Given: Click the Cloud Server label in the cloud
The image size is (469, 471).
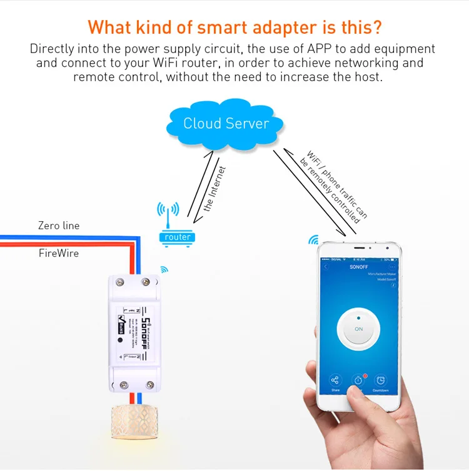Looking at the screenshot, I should pos(226,123).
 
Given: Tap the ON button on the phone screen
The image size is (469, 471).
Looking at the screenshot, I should pos(358,329).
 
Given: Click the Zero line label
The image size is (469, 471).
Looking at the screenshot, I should pos(59,226).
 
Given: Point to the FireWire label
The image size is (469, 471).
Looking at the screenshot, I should pos(58,254).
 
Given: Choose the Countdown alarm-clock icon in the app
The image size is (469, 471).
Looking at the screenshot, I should pos(381,380).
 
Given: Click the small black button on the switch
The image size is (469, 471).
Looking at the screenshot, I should pos(119,343).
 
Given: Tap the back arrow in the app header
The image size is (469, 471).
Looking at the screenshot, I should pos(325,267).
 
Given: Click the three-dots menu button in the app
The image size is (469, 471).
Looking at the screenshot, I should pos(393,267).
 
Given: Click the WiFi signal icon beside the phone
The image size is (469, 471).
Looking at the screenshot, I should pos(313,240).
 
